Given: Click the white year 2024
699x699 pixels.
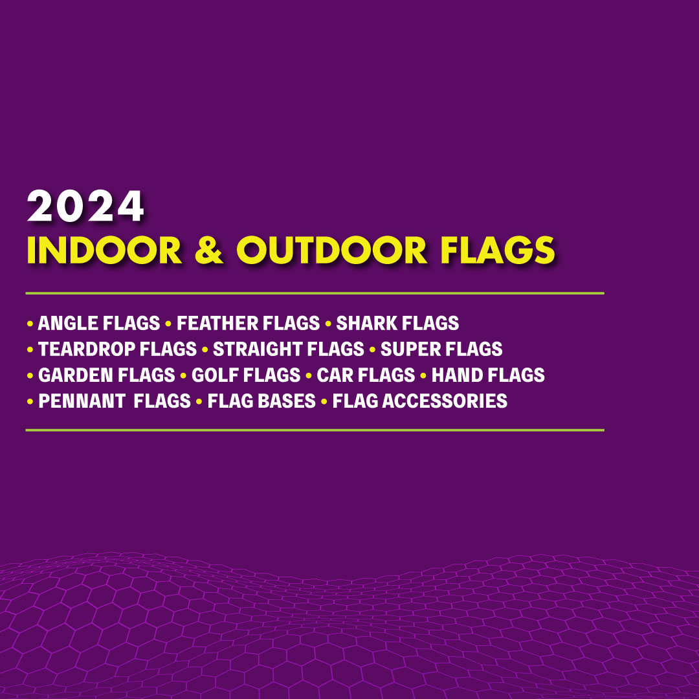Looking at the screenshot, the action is (x=85, y=206).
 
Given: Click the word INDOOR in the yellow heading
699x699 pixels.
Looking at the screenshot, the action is (x=104, y=250).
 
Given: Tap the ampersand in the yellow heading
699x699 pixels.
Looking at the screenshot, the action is (x=208, y=250).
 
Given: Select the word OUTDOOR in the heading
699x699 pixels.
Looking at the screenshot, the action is (x=331, y=250).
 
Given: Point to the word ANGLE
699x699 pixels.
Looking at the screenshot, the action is (x=65, y=323).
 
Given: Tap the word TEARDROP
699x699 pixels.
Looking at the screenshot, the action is (x=87, y=349).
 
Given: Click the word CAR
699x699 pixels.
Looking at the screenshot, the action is (x=331, y=375).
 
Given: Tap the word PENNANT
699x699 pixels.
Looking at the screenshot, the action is (x=81, y=401).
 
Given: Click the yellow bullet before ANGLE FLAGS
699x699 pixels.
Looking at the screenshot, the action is (x=30, y=324).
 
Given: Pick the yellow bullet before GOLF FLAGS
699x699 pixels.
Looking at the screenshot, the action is (x=183, y=375).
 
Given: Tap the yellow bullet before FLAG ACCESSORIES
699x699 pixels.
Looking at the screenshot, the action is (x=324, y=401).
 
